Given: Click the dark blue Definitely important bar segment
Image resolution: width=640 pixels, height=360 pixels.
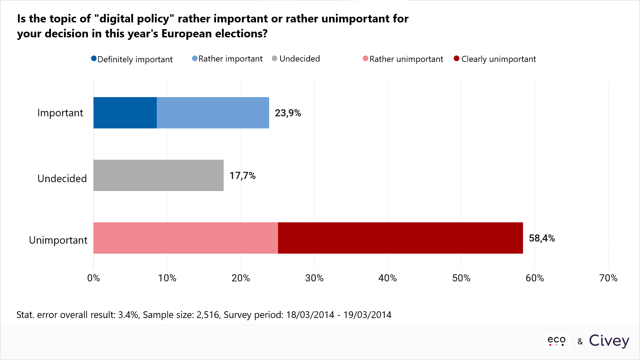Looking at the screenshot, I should coord(125,113).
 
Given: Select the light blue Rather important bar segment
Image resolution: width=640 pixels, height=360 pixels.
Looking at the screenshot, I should coord(213,113).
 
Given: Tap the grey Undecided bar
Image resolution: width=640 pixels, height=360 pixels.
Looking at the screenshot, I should coord(158,175).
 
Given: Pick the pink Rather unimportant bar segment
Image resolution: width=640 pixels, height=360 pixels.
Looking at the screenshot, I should coord(186,238).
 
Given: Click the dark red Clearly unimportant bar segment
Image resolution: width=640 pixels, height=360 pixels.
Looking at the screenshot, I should coord(400,238).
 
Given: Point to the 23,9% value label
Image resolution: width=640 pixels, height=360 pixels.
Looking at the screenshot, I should coord(288,113).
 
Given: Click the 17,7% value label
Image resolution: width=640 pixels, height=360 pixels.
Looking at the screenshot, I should coord(242,176).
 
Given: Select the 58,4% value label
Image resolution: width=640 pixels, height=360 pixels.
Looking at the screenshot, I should coord(542,238).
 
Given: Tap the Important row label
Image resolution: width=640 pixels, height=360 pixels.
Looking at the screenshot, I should coord(60,113).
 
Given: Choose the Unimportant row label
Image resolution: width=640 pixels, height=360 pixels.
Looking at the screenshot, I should coord(58,240).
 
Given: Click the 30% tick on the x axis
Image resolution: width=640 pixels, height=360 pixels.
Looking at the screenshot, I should coord(314,278).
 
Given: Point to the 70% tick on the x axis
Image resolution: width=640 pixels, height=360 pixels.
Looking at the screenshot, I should coord(608,278).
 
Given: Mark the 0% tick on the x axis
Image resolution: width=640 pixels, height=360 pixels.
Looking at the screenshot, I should coord(94,278).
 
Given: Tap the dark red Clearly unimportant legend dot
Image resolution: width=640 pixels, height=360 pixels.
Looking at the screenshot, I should coord(457,58).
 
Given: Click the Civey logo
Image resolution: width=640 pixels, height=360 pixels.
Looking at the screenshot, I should coord(609,341).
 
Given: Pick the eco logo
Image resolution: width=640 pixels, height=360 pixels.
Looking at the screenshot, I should coord(556,341).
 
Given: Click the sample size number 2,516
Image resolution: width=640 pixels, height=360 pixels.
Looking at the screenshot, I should coord(208,315).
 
